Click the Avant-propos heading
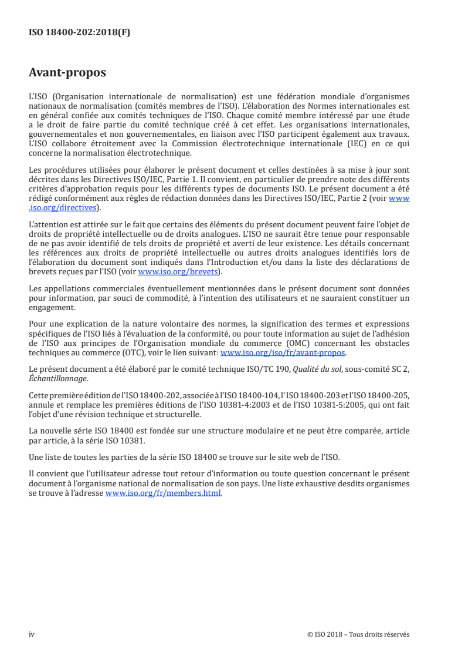click(67, 73)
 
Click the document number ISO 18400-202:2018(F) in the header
click(80, 33)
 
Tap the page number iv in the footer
click(32, 634)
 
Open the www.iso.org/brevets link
click(177, 272)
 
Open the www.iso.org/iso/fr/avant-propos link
click(283, 353)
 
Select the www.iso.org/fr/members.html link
click(163, 494)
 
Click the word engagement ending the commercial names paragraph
click(52, 307)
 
